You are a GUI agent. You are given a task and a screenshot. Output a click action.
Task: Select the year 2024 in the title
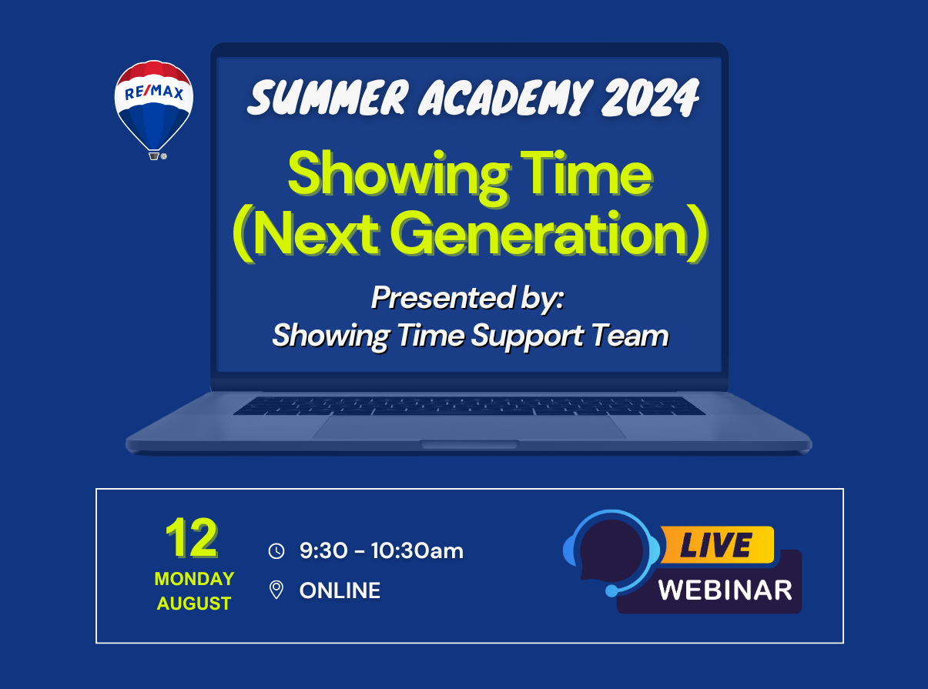(650, 97)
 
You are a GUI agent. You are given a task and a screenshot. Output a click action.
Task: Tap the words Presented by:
(467, 298)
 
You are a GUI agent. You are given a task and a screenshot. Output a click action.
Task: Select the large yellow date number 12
(192, 538)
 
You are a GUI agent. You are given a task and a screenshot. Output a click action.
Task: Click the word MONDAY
(194, 579)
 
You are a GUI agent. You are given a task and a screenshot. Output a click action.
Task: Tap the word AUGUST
(194, 604)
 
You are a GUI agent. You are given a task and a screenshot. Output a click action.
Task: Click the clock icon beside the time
(276, 551)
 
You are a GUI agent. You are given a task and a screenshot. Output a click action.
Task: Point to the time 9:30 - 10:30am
(381, 550)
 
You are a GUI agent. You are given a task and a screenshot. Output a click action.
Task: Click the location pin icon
(276, 590)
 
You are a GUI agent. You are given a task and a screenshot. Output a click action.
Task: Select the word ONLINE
(340, 590)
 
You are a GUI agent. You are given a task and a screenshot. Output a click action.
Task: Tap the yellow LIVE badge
(717, 545)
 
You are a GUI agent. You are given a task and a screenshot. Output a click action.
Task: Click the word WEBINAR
(725, 590)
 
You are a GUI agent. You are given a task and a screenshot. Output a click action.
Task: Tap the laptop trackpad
(470, 427)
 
